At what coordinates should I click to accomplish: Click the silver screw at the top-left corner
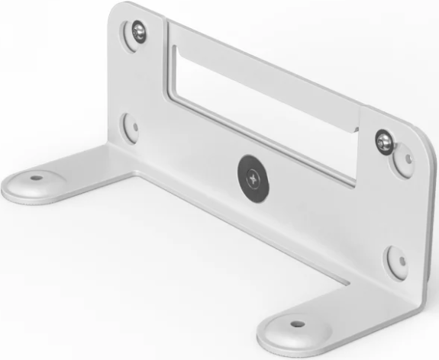pos(137,31)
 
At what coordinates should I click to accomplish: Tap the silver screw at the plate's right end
pos(383,140)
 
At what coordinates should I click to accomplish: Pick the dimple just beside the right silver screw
pos(405,161)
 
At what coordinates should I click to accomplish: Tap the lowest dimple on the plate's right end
pos(395,262)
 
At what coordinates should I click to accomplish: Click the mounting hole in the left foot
pos(34,180)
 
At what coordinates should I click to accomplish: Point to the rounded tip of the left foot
pos(9,187)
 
